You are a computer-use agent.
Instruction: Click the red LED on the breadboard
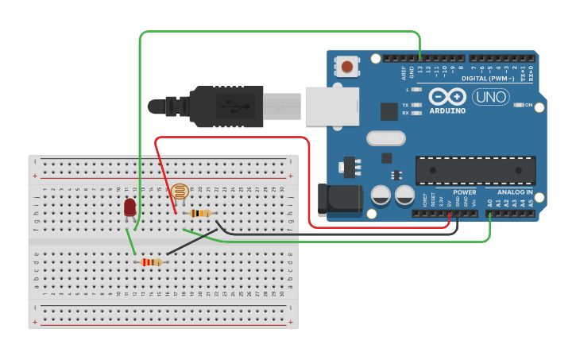click(130, 207)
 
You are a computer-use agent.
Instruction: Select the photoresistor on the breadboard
click(180, 192)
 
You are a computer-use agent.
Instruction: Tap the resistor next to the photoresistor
click(201, 213)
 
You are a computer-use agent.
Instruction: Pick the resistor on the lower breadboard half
click(151, 262)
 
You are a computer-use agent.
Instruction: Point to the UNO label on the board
click(490, 97)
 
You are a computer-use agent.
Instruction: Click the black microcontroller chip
click(475, 170)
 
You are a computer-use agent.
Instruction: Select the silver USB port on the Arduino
click(331, 106)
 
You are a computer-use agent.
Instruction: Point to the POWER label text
click(465, 192)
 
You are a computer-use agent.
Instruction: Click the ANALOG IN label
click(515, 192)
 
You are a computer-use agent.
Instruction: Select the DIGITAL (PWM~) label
click(485, 78)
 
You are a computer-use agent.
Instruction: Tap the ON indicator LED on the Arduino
click(517, 105)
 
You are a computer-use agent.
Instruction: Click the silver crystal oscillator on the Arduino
click(386, 138)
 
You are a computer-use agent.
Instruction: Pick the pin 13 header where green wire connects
click(419, 58)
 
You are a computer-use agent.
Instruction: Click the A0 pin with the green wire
click(489, 213)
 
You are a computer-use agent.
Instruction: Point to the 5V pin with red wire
click(449, 213)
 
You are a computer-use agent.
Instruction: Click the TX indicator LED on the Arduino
click(416, 105)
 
